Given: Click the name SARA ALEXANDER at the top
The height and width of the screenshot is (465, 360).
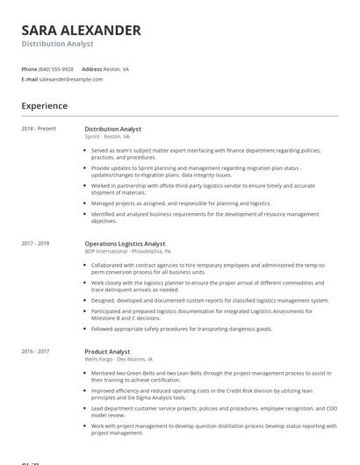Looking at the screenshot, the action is click(x=81, y=30).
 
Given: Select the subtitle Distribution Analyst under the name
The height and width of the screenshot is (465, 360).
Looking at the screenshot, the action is click(x=57, y=44).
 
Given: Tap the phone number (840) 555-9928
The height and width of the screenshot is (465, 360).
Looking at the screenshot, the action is click(x=56, y=68).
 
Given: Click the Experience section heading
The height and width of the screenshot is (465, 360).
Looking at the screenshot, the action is click(x=45, y=106).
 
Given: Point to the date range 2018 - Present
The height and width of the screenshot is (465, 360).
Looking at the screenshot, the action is click(x=39, y=129).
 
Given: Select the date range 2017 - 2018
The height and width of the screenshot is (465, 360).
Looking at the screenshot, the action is click(x=35, y=243).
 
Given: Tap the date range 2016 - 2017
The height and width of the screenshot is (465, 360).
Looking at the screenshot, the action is click(x=35, y=351).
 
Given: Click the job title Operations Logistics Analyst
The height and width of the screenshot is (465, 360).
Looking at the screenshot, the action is click(x=125, y=243).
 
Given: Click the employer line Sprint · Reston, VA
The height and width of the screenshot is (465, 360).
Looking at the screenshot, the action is click(x=107, y=137).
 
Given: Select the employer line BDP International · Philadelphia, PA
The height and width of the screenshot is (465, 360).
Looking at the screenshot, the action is click(x=127, y=251).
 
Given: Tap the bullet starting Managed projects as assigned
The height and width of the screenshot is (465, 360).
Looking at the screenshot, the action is click(x=181, y=203).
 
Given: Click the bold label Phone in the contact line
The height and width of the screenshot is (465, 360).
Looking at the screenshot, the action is click(x=29, y=68).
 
